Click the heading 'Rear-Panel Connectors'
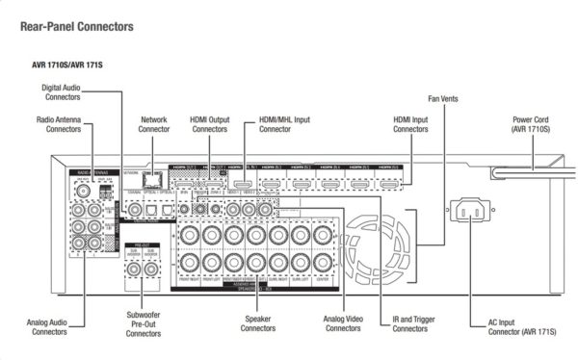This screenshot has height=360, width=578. pyautogui.click(x=76, y=27)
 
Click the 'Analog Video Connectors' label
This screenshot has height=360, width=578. pyautogui.click(x=342, y=324)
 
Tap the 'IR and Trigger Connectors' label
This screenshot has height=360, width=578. pyautogui.click(x=410, y=324)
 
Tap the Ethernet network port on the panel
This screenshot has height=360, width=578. pyautogui.click(x=150, y=178)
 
